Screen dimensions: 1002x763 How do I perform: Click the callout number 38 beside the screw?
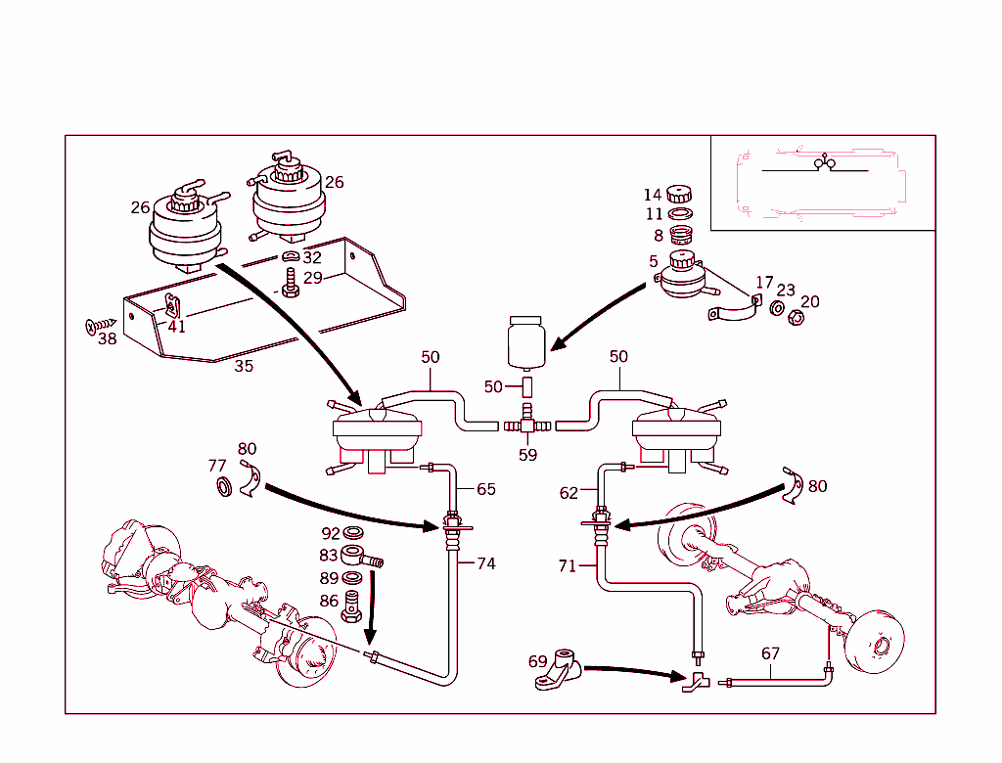107,338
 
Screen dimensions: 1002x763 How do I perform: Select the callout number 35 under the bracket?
243,367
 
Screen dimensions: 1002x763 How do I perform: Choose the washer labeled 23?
775,309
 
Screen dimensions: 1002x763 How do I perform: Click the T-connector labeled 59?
527,426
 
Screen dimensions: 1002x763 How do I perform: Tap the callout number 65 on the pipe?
486,488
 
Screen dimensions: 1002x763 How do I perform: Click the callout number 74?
485,563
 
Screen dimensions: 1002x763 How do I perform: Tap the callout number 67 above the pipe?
770,653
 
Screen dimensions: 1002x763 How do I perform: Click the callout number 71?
569,567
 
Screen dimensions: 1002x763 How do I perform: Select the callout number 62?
569,493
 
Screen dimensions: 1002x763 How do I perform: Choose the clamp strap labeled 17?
735,312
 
